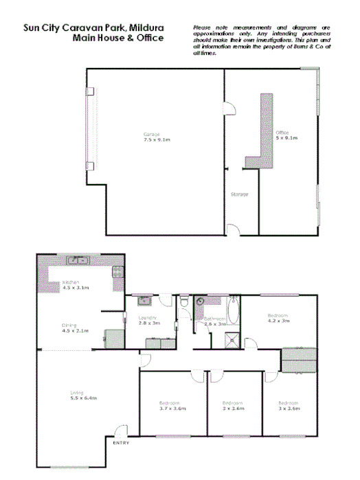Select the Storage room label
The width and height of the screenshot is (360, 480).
(239, 194)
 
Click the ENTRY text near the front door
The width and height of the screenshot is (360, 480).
(121, 443)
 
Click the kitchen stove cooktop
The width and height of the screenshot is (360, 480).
(117, 272)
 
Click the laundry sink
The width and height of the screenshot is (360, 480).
(145, 300)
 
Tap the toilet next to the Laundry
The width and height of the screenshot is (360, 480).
(184, 302)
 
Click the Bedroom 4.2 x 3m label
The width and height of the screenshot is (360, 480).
(278, 318)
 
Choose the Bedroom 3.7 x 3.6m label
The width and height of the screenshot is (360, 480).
(170, 405)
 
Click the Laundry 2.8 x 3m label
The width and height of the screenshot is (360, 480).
(148, 320)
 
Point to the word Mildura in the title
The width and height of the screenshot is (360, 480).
(144, 29)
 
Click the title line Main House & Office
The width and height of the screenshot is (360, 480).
(118, 38)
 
